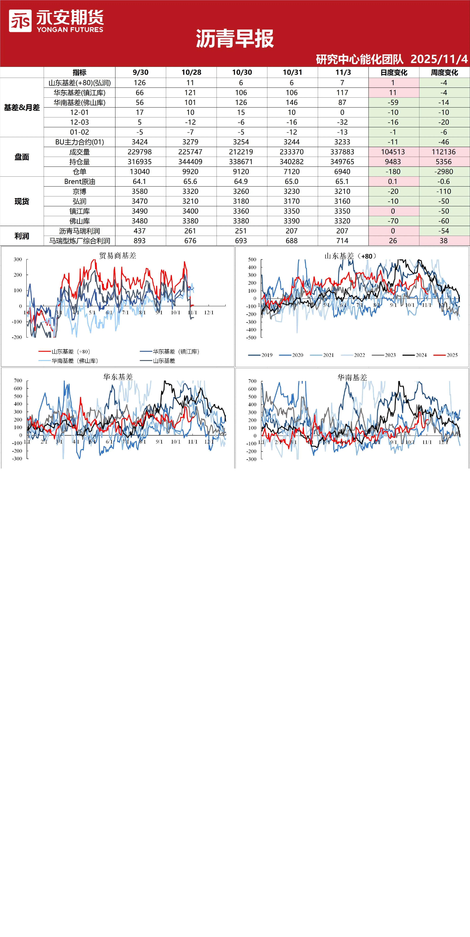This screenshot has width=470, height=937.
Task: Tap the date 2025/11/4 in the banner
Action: pyautogui.click(x=439, y=59)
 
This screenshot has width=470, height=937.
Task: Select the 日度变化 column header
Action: pyautogui.click(x=394, y=72)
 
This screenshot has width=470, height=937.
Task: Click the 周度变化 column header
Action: pyautogui.click(x=445, y=72)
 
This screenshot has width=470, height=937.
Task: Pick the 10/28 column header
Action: pyautogui.click(x=191, y=72)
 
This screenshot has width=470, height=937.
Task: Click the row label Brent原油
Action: pyautogui.click(x=80, y=182)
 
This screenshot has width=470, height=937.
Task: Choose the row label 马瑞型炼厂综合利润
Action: pyautogui.click(x=80, y=241)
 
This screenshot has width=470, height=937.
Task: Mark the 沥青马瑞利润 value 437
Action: pyautogui.click(x=140, y=231)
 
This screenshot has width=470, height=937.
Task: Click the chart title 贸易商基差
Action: pyautogui.click(x=117, y=256)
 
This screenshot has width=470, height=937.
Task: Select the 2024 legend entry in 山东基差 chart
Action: pyautogui.click(x=415, y=355)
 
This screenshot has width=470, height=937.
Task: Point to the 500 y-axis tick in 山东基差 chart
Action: pyautogui.click(x=252, y=259)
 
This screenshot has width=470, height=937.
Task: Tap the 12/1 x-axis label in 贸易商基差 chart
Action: pyautogui.click(x=209, y=312)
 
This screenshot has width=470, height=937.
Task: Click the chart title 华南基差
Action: pyautogui.click(x=352, y=377)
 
